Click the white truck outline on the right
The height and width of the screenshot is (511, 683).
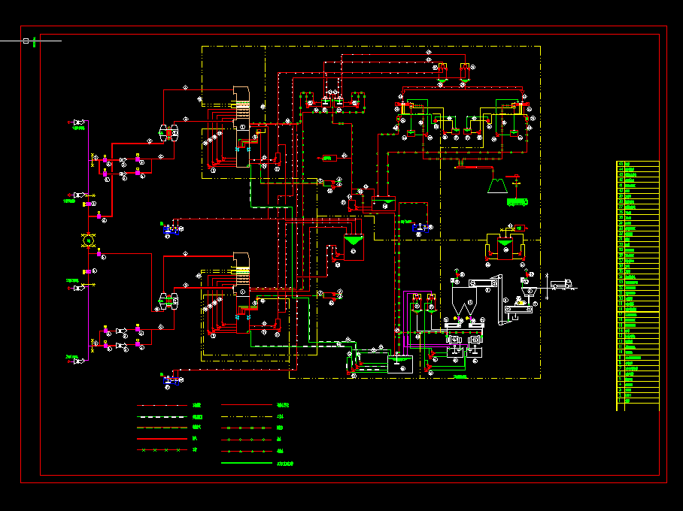(x=561, y=284)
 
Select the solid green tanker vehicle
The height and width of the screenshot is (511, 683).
(x=517, y=201)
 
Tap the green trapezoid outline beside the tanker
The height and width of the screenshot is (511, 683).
(x=496, y=184)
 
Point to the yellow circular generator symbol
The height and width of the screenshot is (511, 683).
(x=89, y=240)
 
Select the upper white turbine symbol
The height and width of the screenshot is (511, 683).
(x=168, y=134)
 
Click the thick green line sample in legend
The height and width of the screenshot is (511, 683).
(x=246, y=463)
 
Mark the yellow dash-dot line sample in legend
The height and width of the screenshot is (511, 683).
(x=162, y=416)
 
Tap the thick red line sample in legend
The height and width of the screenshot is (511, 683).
(x=162, y=439)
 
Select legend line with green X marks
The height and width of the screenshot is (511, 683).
(x=162, y=450)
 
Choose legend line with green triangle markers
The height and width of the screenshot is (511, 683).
(x=246, y=451)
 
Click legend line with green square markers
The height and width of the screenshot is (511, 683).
(x=246, y=428)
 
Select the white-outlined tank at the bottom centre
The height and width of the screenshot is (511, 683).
(x=399, y=364)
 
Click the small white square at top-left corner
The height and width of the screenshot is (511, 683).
(x=26, y=41)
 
